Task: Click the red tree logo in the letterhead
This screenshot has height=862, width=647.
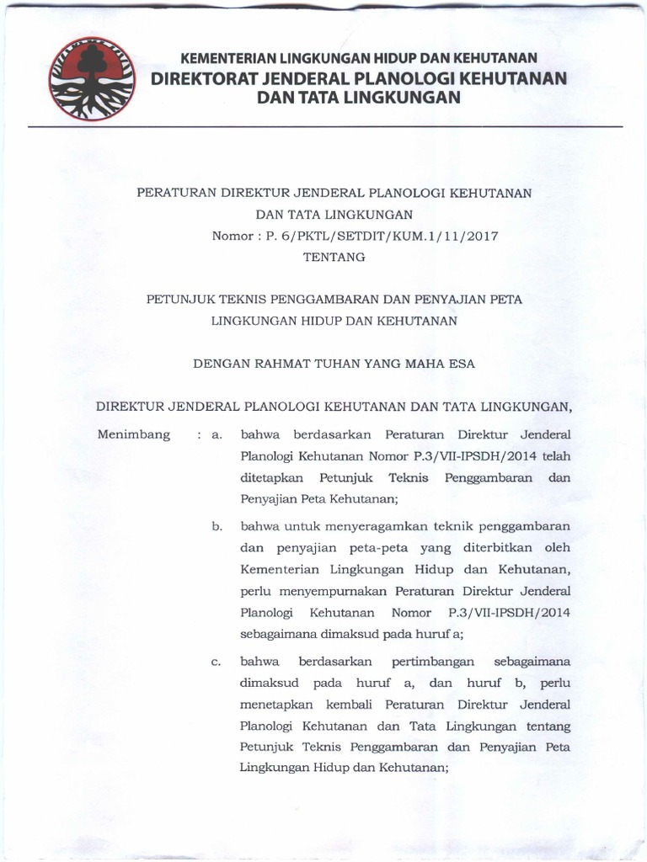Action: (x=89, y=79)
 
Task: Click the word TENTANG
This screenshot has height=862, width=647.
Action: (x=335, y=258)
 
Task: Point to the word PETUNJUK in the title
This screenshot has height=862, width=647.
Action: (x=179, y=299)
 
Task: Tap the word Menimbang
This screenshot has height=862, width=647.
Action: (x=134, y=435)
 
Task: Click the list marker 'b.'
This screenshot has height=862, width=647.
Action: (x=217, y=528)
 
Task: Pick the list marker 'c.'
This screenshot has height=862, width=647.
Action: (x=217, y=661)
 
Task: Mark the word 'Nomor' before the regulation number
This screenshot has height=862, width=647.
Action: (x=232, y=236)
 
